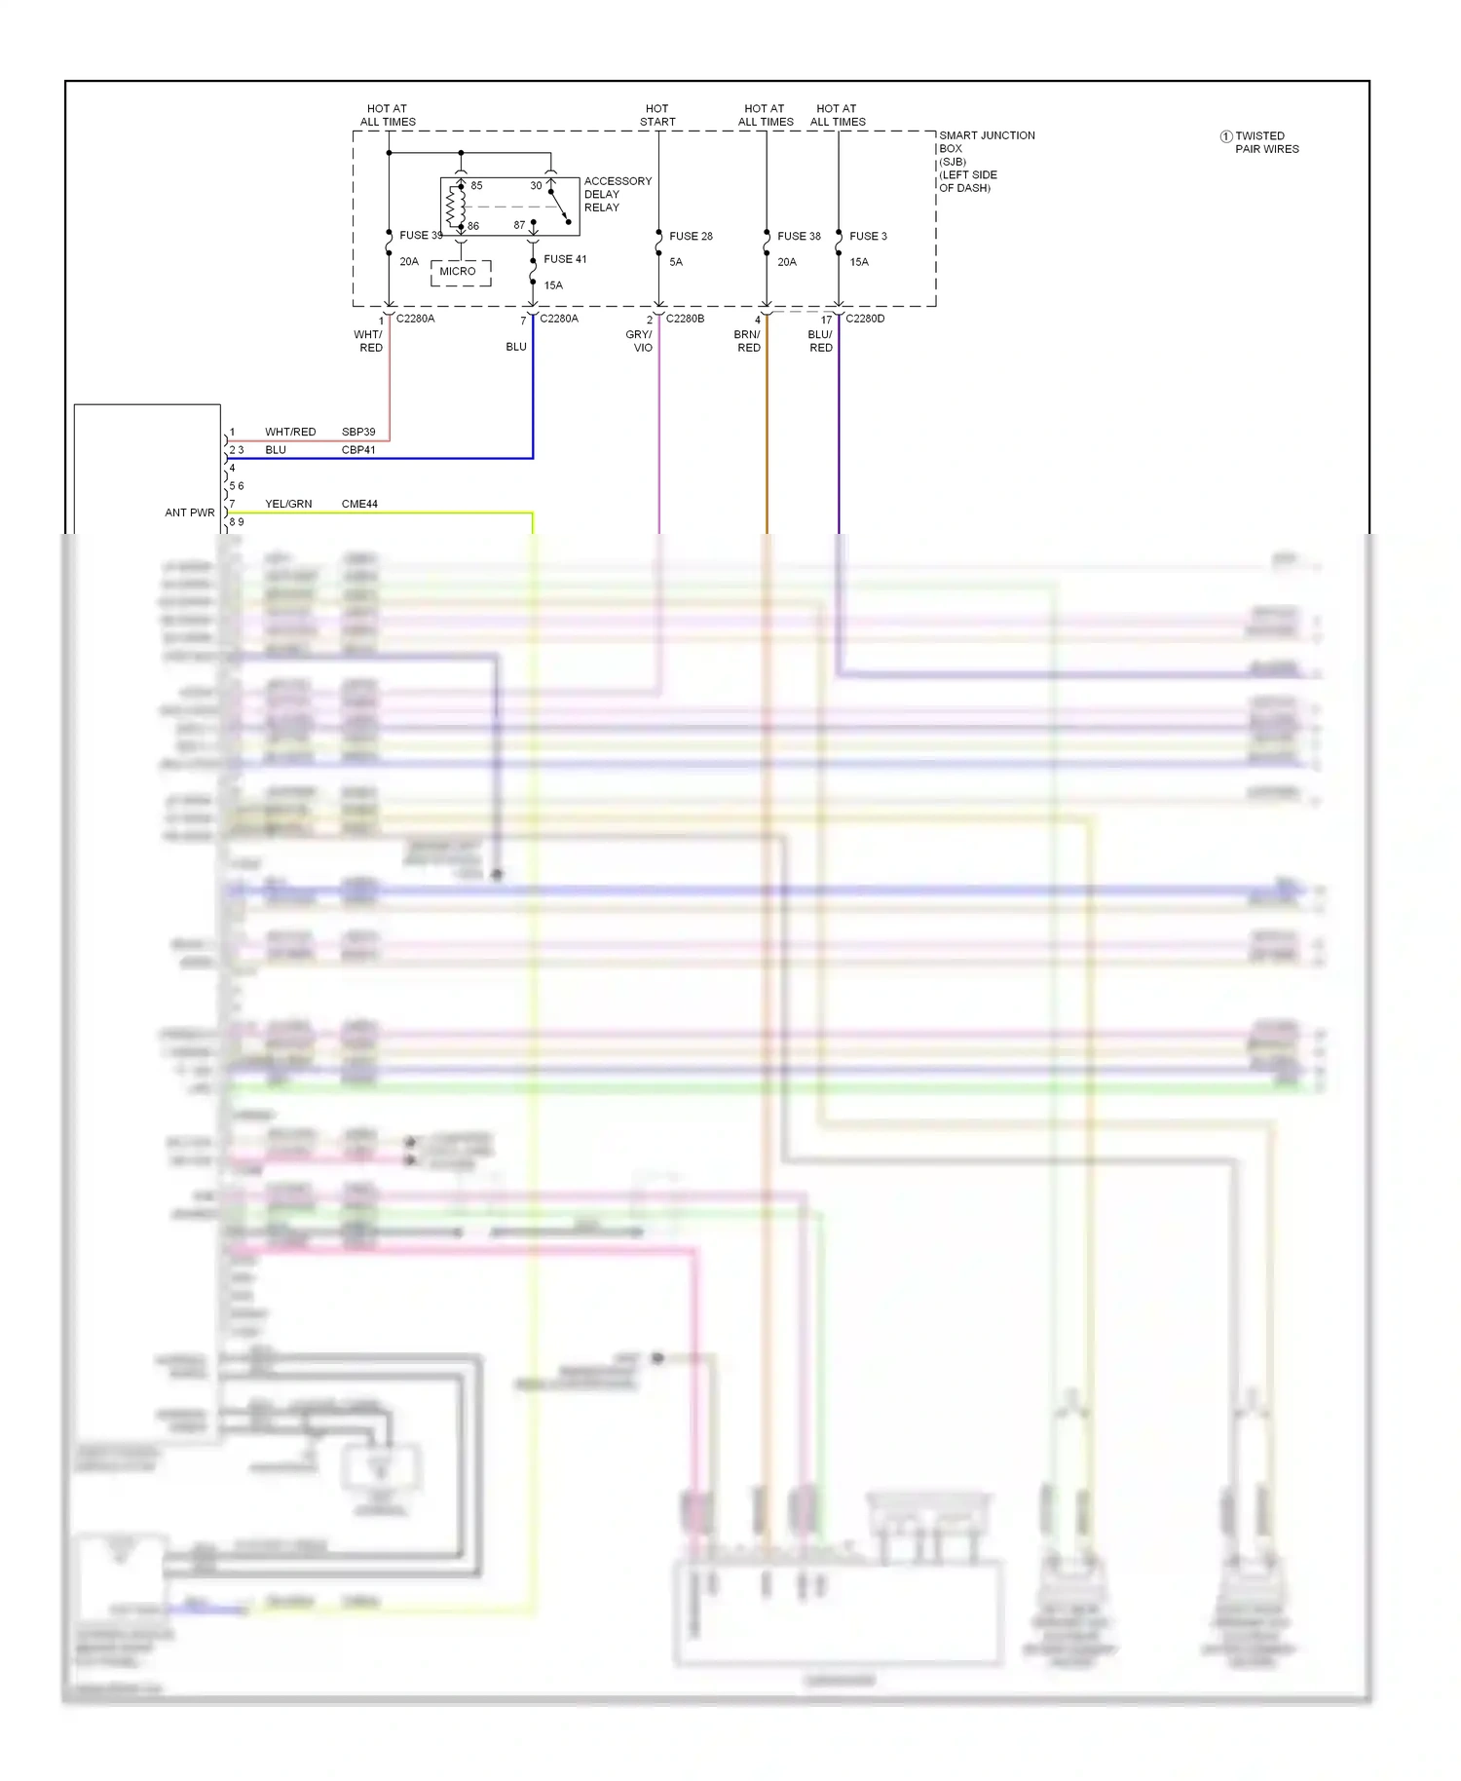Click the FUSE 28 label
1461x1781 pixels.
[x=691, y=236]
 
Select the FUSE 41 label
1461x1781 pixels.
[x=565, y=259]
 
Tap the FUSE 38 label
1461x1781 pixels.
[x=799, y=236]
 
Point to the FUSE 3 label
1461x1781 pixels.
[x=868, y=236]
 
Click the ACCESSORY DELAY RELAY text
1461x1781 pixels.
[x=617, y=194]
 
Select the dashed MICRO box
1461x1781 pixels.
[x=460, y=272]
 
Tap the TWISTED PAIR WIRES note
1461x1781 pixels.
[x=1265, y=142]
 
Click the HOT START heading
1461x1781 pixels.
[x=657, y=115]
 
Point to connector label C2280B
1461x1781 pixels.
[x=685, y=319]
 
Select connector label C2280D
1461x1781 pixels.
[x=865, y=319]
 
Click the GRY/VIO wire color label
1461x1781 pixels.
[x=640, y=341]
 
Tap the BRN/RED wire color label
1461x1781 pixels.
[x=747, y=341]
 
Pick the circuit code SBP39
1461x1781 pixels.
[x=358, y=432]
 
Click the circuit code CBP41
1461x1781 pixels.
[x=358, y=450]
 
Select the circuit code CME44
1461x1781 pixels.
[x=359, y=504]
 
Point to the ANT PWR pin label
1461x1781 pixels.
[x=190, y=512]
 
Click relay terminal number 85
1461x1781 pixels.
[x=476, y=185]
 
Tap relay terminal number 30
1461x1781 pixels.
[x=536, y=185]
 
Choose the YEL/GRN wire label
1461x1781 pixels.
[x=288, y=504]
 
